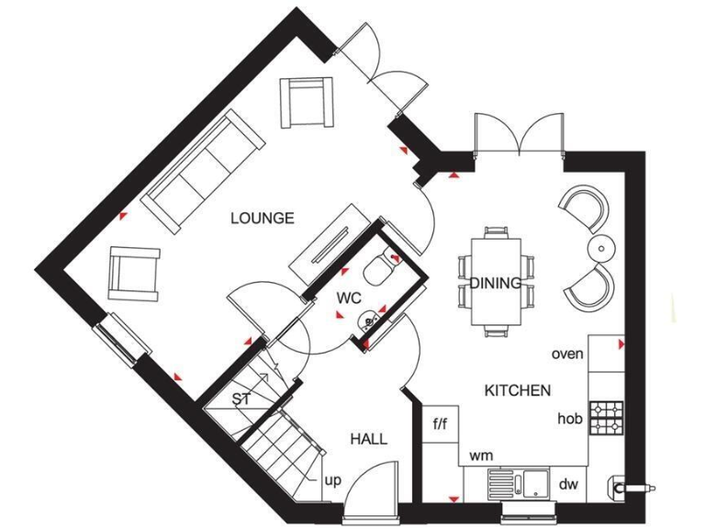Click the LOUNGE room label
[x=263, y=219]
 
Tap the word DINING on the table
[x=496, y=284]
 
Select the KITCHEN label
[x=518, y=390]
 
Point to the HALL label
[x=368, y=439]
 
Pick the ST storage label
[x=241, y=400]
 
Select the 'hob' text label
[x=569, y=419]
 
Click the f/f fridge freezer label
[x=440, y=424]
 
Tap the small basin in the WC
[x=370, y=321]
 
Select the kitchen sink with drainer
[x=518, y=482]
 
